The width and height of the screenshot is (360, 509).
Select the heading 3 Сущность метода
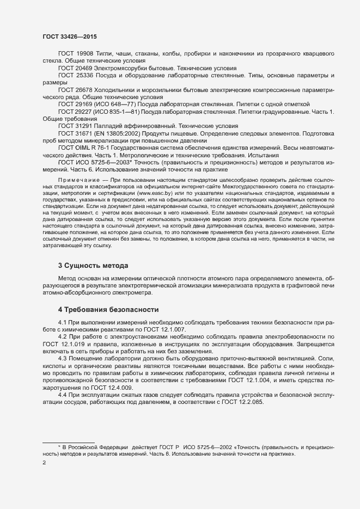[93, 265]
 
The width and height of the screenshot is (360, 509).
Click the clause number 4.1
[62, 324]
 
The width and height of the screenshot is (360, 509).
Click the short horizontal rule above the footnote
[69, 441]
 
